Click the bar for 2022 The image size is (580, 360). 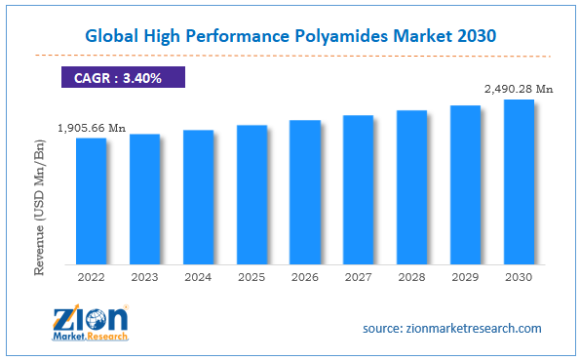[x=92, y=201]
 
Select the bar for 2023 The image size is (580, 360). [x=144, y=199]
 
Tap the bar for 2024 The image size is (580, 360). [x=198, y=197]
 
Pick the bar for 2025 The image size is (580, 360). [x=251, y=194]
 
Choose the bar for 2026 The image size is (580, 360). [x=305, y=192]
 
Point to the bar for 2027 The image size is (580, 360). [x=359, y=189]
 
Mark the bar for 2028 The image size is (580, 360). [x=412, y=187]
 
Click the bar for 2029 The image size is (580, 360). [x=465, y=184]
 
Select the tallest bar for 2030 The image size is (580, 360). [x=519, y=181]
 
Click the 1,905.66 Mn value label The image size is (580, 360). [x=92, y=127]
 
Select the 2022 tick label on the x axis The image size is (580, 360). [x=92, y=277]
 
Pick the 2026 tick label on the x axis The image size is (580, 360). [x=305, y=277]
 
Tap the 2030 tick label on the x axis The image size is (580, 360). [x=519, y=277]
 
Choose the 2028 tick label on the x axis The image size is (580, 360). [x=412, y=277]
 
